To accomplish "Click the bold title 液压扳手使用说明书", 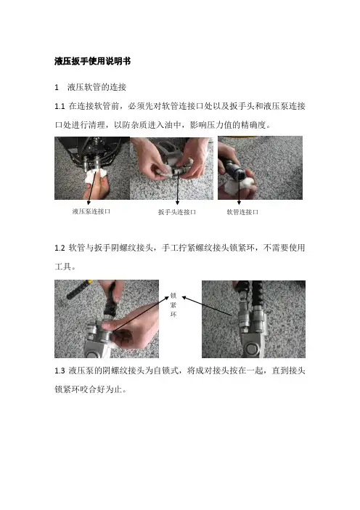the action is point(93,61).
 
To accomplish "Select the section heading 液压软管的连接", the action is point(97,87).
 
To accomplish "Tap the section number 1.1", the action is point(60,106).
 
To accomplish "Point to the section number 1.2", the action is point(60,248).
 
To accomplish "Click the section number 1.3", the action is point(60,371).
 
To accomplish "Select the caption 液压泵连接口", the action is point(91,211).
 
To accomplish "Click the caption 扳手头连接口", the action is point(177,212).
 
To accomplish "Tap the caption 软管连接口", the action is point(242,212).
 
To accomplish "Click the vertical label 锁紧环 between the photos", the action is point(173,305).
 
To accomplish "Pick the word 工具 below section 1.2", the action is point(62,267).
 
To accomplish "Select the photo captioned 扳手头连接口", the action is point(171,168).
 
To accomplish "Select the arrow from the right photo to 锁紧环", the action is point(207,306).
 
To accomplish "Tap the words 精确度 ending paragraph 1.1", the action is point(253,125).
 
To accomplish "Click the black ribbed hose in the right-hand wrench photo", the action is point(258,294).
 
